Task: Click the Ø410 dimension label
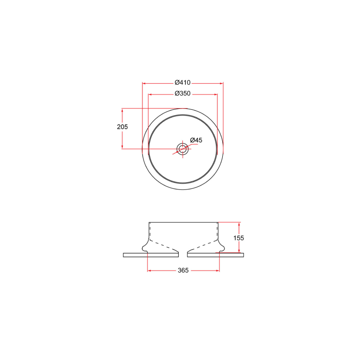(183, 82)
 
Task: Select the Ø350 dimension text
(183, 94)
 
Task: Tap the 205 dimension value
(122, 127)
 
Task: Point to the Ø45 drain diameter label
(196, 140)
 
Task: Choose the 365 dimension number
(183, 270)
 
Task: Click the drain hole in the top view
(182, 149)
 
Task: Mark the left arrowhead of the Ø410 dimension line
(144, 83)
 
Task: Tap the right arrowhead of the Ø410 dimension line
(221, 83)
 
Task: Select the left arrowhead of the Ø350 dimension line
(150, 94)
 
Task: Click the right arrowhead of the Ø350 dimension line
(215, 94)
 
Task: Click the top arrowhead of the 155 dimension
(239, 224)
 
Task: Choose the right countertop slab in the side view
(216, 255)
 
